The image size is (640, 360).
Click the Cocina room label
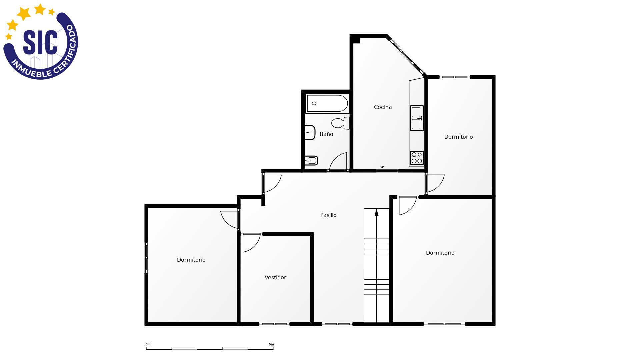click(383, 107)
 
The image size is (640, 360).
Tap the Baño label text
click(326, 134)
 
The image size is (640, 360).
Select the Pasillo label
click(328, 215)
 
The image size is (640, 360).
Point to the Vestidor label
click(275, 278)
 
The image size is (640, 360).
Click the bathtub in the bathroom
click(327, 103)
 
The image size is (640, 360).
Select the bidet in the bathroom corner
click(311, 161)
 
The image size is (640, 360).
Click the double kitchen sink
click(417, 118)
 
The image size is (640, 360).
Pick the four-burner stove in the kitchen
click(417, 158)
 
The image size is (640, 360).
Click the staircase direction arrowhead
click(377, 212)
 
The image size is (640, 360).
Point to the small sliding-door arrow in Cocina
click(382, 167)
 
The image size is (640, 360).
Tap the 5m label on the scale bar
click(271, 344)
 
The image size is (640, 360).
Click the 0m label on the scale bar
click(148, 344)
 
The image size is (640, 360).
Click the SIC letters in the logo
click(40, 42)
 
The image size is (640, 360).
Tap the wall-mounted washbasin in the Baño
click(310, 133)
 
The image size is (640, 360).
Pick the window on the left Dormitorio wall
click(146, 258)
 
